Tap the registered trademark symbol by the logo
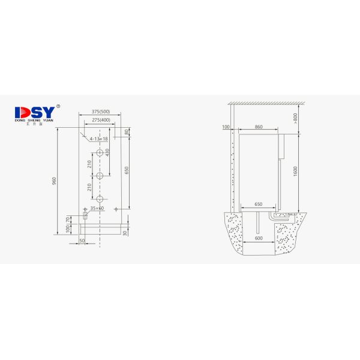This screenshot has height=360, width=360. click(x=58, y=107)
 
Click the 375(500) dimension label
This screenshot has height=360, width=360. click(x=100, y=112)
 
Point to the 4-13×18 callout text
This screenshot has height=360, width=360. click(x=98, y=139)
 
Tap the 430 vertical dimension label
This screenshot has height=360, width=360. click(x=109, y=153)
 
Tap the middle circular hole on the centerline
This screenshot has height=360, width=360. click(x=100, y=176)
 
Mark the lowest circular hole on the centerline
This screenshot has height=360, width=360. click(x=100, y=199)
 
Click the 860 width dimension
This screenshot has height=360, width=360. click(x=259, y=127)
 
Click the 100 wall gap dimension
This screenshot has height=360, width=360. click(x=226, y=127)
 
